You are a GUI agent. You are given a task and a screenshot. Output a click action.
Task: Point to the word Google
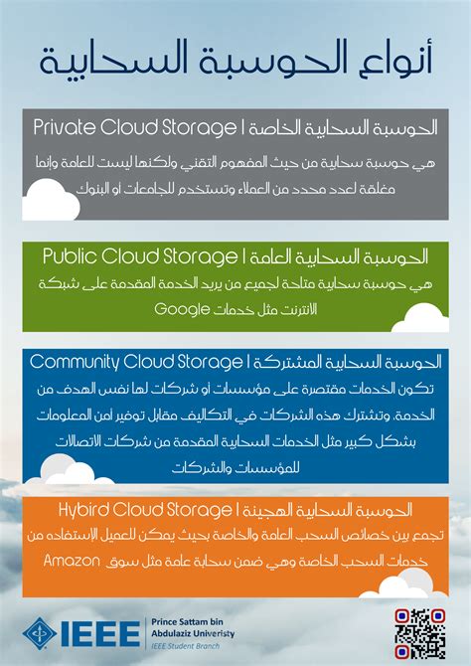point(186,309)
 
